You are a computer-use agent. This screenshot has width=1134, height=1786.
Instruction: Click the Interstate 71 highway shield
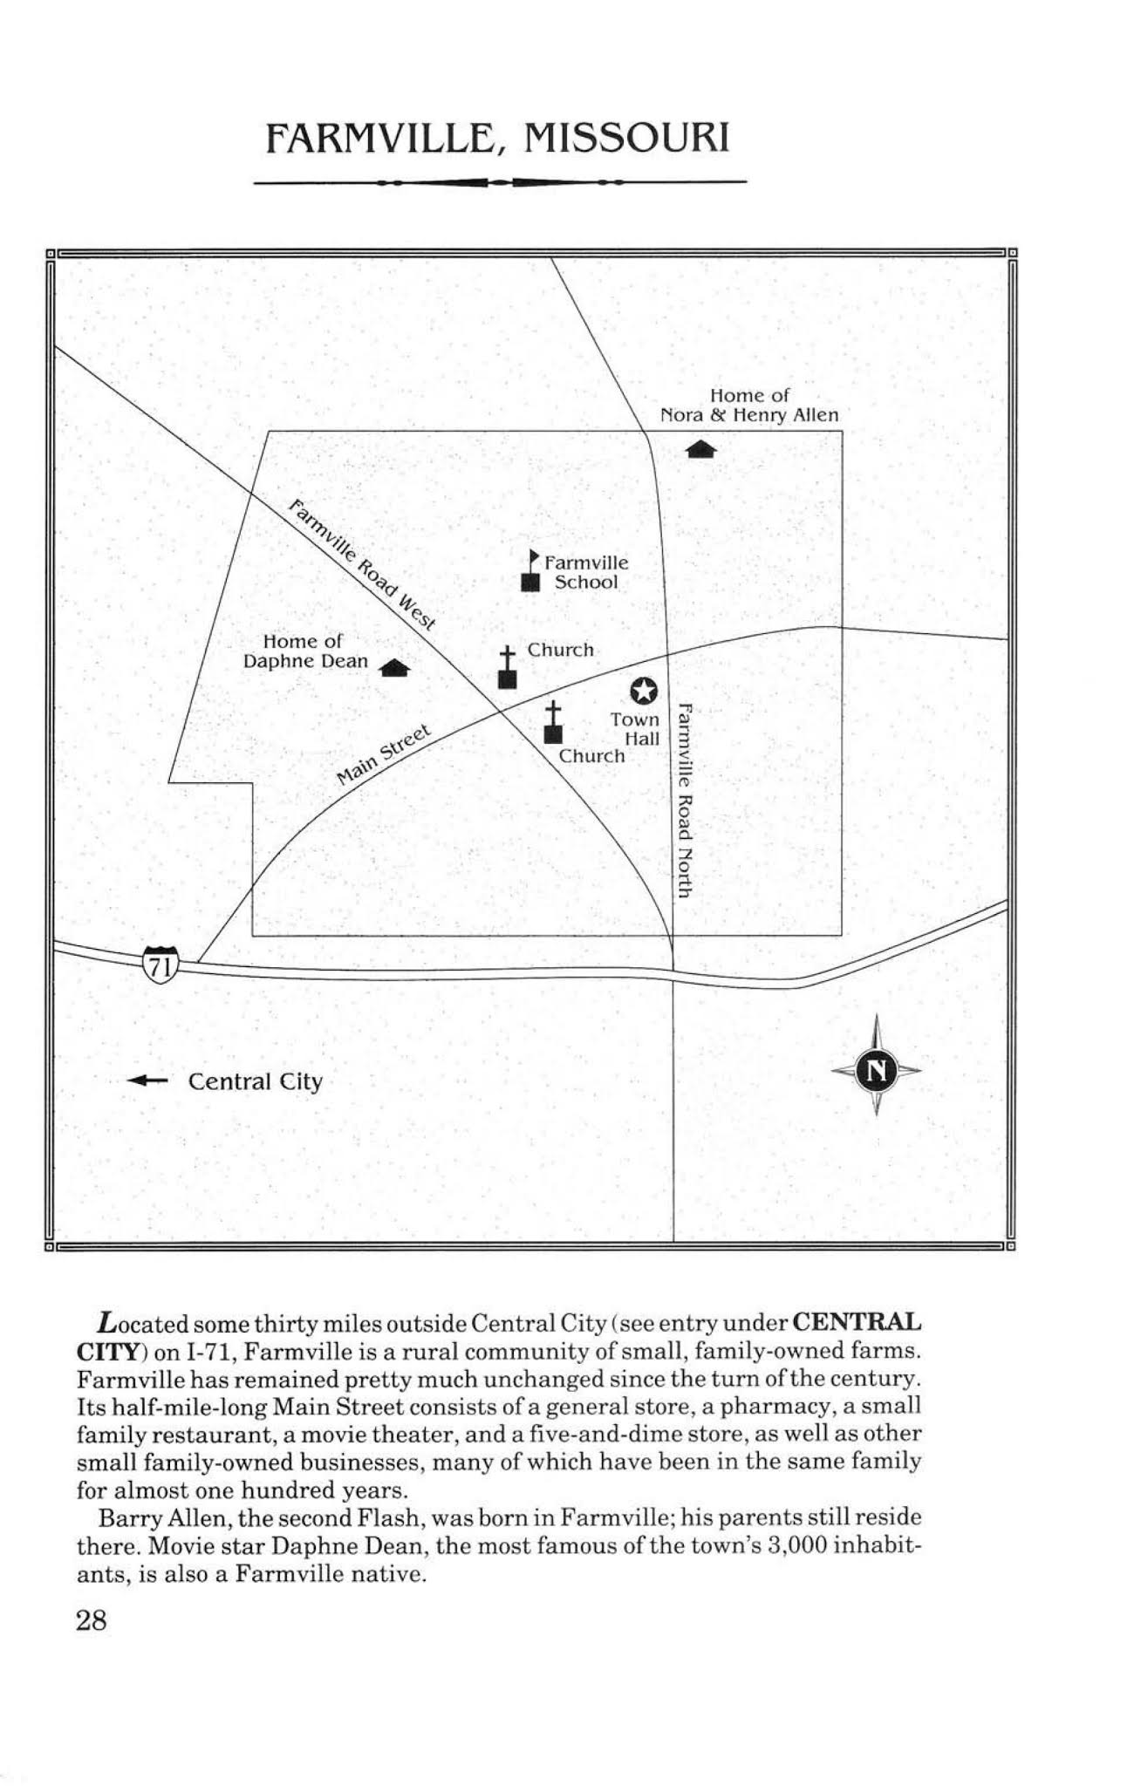[x=160, y=964]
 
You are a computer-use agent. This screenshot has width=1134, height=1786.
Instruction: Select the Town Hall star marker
[x=643, y=691]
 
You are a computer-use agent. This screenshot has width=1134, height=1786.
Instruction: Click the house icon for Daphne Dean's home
[x=395, y=668]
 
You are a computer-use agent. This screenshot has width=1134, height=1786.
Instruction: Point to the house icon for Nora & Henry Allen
[x=701, y=449]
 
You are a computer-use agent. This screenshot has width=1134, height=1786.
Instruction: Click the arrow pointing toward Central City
[x=147, y=1080]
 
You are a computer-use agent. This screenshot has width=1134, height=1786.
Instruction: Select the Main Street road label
[x=384, y=754]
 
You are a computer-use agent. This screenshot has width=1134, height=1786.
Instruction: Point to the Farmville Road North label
[x=685, y=800]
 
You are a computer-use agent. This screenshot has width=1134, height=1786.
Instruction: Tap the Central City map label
[x=256, y=1081]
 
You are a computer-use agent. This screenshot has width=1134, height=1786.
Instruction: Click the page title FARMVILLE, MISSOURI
[x=497, y=139]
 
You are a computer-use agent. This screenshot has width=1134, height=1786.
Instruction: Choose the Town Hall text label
[x=637, y=729]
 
